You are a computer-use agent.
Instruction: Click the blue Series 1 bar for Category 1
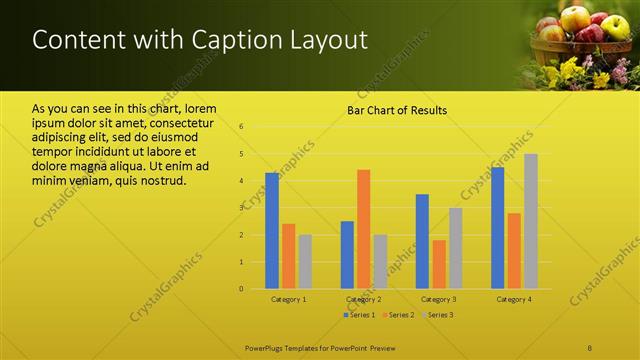272,231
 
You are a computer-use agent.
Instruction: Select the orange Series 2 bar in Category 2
364,229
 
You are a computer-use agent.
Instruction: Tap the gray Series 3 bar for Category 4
531,221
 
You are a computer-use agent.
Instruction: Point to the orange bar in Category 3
439,264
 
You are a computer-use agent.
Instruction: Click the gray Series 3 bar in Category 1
305,262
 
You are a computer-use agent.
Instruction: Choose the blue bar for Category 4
497,228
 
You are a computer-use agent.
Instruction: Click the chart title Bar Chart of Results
397,110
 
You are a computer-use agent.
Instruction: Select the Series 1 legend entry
360,315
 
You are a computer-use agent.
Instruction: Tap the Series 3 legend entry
439,315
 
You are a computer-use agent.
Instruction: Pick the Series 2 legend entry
399,315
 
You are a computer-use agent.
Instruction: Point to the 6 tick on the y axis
242,126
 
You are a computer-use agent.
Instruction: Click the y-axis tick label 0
242,289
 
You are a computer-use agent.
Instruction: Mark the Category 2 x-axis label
363,299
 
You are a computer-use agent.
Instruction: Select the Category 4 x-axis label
514,299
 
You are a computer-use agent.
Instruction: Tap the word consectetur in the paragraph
181,122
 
